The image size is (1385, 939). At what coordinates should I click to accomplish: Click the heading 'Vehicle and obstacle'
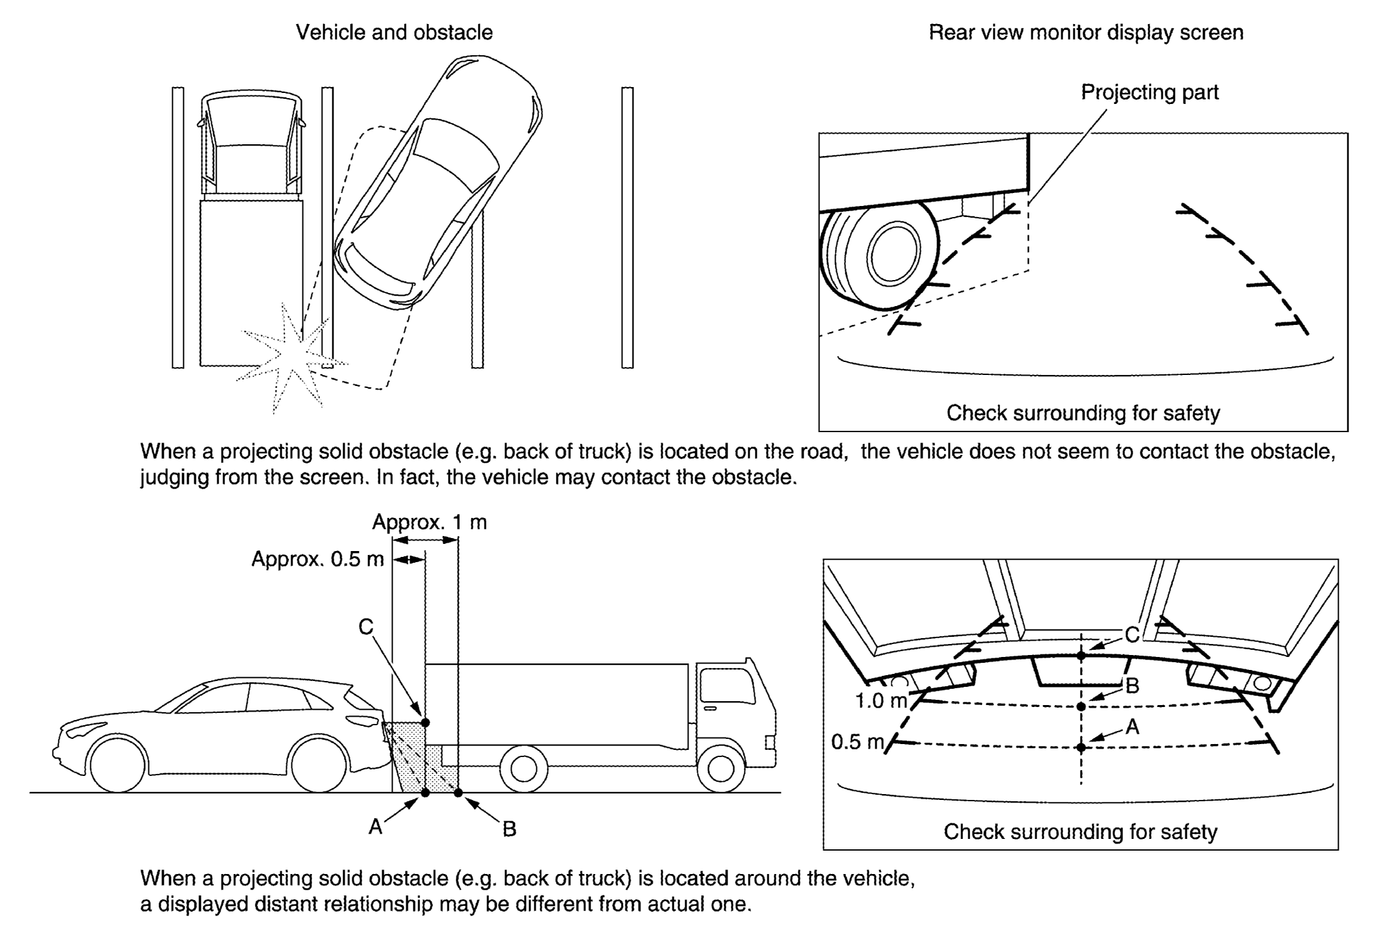[x=394, y=32]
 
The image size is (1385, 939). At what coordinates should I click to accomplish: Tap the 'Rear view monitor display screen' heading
[x=1085, y=32]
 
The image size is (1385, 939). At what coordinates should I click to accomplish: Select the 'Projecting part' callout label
[x=1149, y=92]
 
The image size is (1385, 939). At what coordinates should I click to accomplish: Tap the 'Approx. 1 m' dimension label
[x=429, y=522]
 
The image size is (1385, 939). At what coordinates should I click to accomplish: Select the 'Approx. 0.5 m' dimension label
[x=317, y=559]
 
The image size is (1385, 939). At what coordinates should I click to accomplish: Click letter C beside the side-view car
[x=366, y=626]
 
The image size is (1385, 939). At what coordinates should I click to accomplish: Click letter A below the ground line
[x=375, y=827]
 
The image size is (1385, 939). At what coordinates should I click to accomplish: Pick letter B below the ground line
[x=509, y=829]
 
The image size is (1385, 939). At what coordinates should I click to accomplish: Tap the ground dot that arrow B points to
[x=458, y=792]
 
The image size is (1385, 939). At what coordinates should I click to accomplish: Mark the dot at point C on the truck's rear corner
[x=425, y=723]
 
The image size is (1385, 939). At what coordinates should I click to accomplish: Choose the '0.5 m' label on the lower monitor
[x=858, y=741]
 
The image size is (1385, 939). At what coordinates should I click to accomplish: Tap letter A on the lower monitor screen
[x=1132, y=727]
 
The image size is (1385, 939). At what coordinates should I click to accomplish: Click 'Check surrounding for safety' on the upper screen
[x=1083, y=413]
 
